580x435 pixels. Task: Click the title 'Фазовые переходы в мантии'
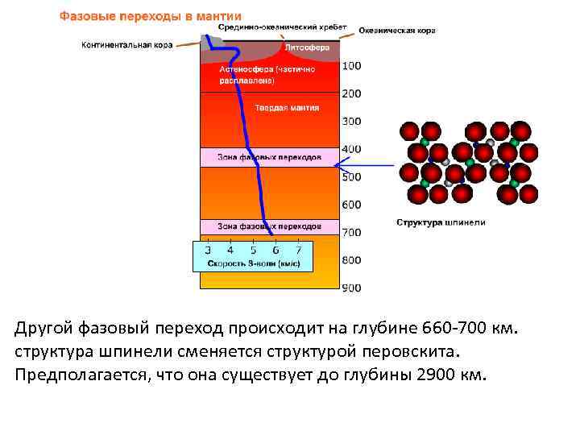click(150, 16)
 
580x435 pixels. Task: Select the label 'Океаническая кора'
click(397, 31)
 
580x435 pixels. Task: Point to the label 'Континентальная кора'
click(127, 45)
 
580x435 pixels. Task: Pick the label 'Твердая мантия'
click(287, 107)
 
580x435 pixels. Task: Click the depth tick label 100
click(351, 65)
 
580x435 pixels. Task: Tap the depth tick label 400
click(351, 149)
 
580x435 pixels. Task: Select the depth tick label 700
click(351, 232)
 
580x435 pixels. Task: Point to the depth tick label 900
click(351, 288)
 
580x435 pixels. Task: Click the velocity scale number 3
click(208, 251)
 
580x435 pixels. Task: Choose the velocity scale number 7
click(299, 251)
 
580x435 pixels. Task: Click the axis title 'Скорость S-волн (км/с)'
click(254, 263)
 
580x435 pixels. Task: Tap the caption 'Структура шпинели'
click(441, 222)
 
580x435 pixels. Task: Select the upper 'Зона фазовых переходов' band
click(269, 156)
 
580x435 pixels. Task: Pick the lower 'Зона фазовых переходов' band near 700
click(269, 226)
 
